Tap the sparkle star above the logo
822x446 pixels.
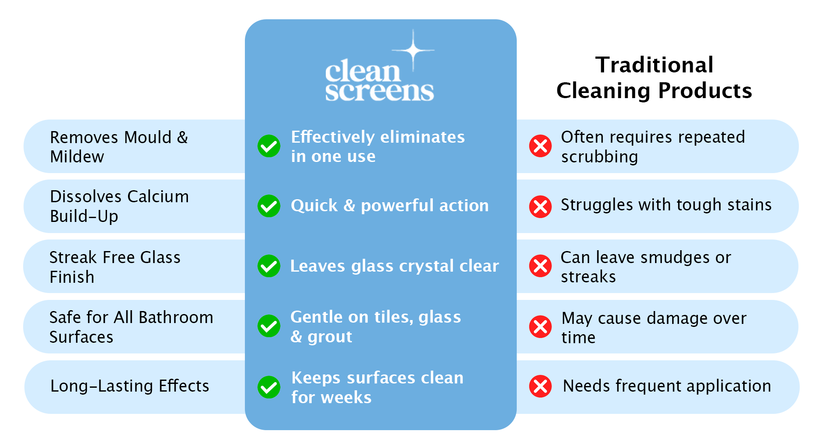click(413, 51)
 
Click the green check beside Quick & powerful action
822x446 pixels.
click(269, 206)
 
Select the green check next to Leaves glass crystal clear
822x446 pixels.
click(269, 266)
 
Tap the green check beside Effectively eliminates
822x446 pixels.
click(269, 146)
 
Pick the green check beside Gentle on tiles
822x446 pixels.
click(269, 326)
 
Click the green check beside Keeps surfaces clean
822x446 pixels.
click(269, 387)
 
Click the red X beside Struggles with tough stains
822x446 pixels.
click(540, 207)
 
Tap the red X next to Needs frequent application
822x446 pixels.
click(540, 386)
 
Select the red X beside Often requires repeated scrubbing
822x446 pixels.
click(540, 146)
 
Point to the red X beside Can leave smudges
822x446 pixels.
click(540, 266)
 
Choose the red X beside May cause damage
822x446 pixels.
click(540, 327)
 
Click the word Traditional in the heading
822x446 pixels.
click(654, 65)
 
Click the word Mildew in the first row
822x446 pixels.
click(77, 157)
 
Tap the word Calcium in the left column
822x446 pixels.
click(158, 197)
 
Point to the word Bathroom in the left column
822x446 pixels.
click(176, 317)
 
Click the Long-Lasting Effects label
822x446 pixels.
click(130, 386)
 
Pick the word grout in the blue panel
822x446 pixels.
click(330, 337)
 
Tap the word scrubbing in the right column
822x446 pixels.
click(599, 157)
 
